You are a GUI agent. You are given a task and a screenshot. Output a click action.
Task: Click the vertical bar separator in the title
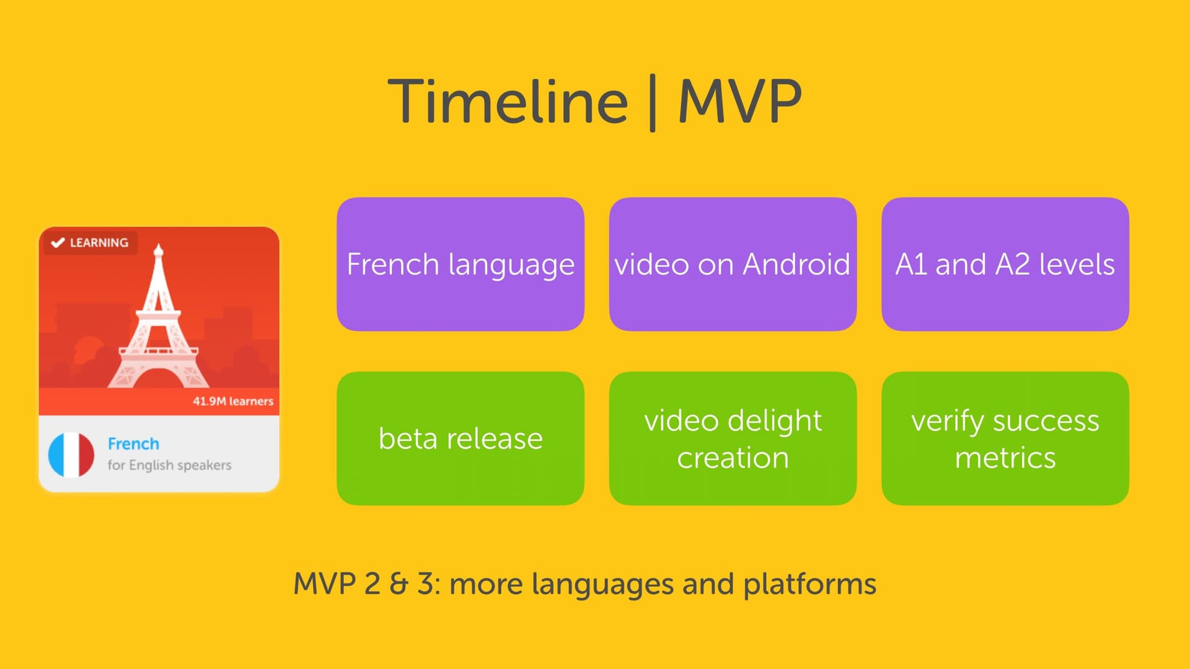click(x=653, y=103)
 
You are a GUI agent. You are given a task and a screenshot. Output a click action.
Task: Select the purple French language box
click(x=461, y=264)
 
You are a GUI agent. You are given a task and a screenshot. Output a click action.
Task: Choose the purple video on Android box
click(x=733, y=264)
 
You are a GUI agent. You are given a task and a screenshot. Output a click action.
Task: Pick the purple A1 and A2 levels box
click(x=1005, y=264)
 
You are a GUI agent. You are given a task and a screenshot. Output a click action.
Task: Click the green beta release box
click(x=461, y=439)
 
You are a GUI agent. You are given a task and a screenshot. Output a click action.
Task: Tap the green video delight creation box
click(x=733, y=439)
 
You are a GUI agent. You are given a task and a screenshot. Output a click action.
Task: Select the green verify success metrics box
click(x=1005, y=439)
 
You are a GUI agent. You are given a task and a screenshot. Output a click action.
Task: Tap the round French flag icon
click(x=71, y=455)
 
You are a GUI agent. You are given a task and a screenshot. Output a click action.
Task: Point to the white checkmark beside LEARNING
click(x=58, y=242)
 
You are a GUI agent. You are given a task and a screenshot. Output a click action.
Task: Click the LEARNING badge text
click(x=99, y=242)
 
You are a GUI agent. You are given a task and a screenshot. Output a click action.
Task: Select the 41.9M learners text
click(x=233, y=401)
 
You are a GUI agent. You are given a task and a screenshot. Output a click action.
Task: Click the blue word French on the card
click(x=133, y=444)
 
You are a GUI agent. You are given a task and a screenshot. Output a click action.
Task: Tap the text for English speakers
click(x=169, y=465)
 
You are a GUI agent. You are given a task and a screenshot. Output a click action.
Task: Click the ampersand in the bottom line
click(x=399, y=584)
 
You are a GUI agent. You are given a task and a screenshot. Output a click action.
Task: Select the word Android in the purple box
click(x=796, y=264)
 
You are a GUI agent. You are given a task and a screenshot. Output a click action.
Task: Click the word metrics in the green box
click(x=1005, y=458)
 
